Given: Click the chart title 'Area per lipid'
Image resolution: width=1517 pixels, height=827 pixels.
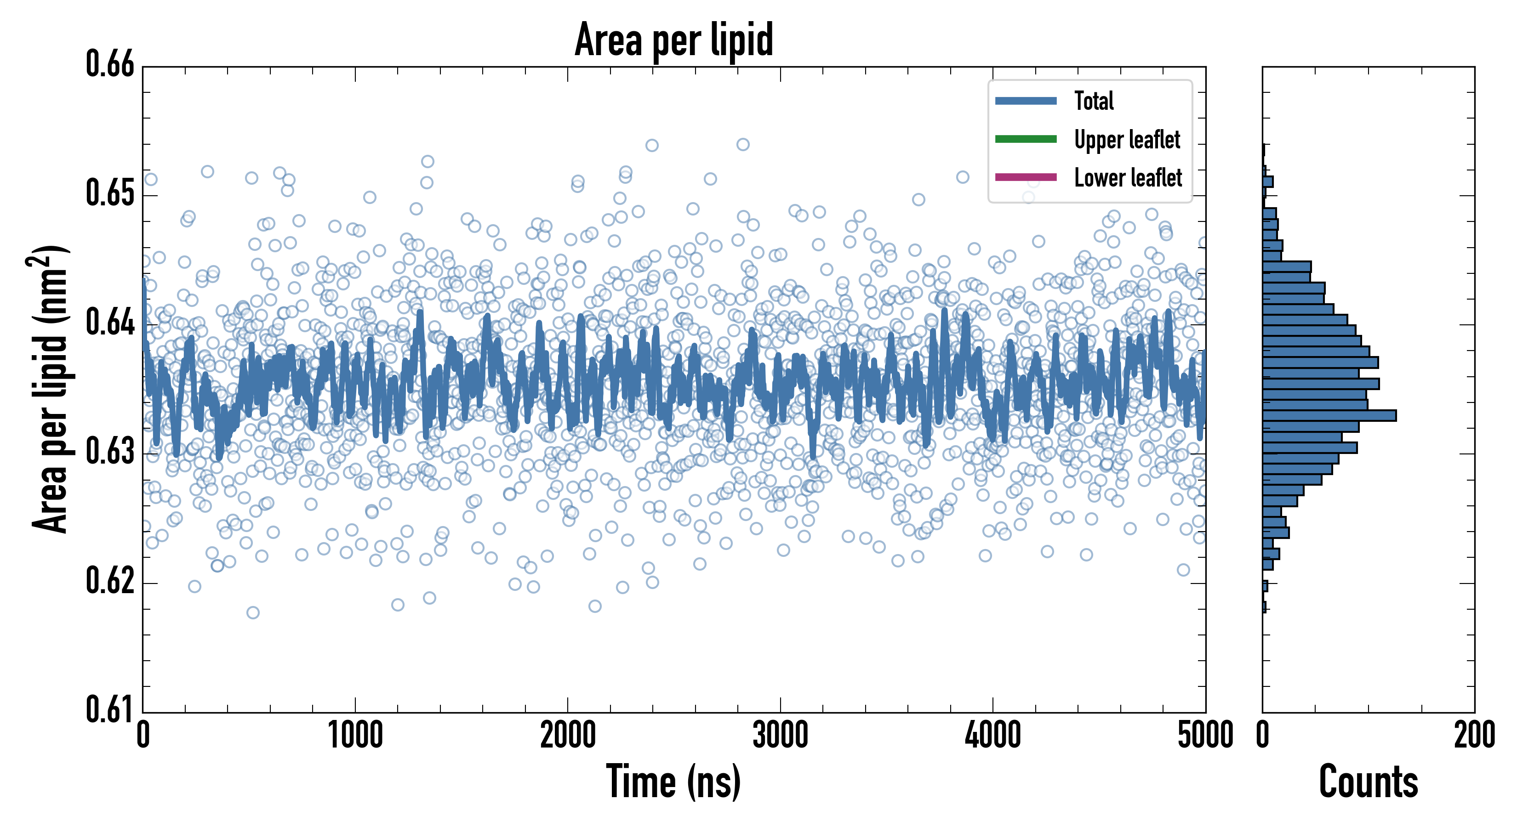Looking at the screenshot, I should coord(674,40).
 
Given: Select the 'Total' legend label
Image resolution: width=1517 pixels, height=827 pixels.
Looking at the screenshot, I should coord(1094,101).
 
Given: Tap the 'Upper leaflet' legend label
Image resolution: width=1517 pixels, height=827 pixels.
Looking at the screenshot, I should coord(1127,140).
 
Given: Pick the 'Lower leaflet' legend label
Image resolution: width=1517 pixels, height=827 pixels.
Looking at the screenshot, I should coord(1128,178).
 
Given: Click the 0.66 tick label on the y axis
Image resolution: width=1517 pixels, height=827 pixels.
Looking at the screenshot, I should coord(110,64).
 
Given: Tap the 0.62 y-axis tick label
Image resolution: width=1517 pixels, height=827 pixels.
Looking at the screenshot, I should coord(110,581).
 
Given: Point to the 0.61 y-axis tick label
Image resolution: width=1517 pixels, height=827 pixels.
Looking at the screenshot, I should coord(110,709).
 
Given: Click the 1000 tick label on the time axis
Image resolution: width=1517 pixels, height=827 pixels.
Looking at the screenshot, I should coord(355,736).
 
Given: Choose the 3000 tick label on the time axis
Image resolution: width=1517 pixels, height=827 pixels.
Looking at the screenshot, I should coord(780,736).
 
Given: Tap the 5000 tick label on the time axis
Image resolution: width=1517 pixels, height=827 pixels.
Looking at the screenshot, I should coord(1205,736).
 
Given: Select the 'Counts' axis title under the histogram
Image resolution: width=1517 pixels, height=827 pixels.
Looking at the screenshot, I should coord(1369,782).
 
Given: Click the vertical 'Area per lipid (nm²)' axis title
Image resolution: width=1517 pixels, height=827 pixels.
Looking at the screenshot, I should coord(50,389).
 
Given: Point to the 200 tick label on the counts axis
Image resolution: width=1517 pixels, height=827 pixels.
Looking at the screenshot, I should coord(1474,736).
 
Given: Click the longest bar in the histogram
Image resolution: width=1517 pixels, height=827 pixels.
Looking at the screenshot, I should coord(1329,415).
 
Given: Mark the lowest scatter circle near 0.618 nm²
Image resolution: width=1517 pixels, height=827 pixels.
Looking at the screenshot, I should coord(253,613).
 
